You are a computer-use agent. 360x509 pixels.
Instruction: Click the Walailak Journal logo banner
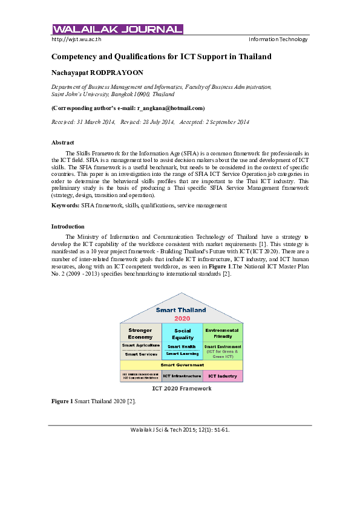point(117,29)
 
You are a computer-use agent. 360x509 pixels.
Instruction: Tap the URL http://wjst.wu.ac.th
point(76,39)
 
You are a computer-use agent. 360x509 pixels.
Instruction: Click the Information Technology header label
point(278,39)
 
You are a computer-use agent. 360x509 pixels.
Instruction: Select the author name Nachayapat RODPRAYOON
point(97,72)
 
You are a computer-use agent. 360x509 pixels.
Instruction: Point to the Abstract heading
point(63,142)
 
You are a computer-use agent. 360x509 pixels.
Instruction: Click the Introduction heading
point(68,226)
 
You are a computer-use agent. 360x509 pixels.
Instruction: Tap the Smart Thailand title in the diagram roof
point(181,310)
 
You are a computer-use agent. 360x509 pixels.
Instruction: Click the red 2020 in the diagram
point(182,318)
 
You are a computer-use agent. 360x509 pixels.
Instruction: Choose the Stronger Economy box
point(140,333)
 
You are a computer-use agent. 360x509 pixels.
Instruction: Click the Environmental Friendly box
point(223,333)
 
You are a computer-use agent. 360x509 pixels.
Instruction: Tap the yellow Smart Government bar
point(181,365)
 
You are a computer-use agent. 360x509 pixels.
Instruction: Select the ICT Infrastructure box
point(182,376)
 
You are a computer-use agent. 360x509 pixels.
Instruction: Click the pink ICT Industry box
point(222,376)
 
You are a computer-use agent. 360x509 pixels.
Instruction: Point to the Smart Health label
point(182,346)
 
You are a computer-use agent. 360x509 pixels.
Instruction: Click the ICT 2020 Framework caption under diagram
point(181,389)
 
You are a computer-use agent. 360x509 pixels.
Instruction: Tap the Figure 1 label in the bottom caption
point(62,401)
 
